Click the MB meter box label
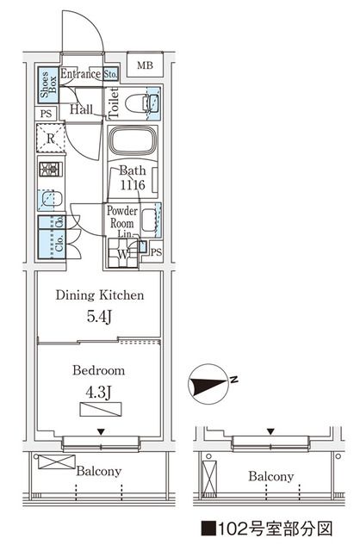(x=145, y=65)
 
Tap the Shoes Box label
(x=48, y=84)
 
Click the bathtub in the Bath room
(x=132, y=140)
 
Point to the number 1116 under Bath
(x=133, y=185)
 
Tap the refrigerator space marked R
(x=51, y=138)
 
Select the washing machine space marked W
(x=122, y=253)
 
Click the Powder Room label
(x=122, y=217)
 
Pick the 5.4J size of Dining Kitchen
(x=99, y=317)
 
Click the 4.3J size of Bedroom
(x=98, y=393)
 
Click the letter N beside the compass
(x=234, y=379)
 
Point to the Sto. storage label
(x=111, y=74)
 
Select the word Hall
(x=81, y=109)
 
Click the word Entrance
(x=80, y=74)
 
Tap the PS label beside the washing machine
(x=157, y=252)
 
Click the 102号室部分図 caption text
(x=267, y=528)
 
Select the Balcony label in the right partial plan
(x=271, y=476)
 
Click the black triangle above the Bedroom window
(x=102, y=431)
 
